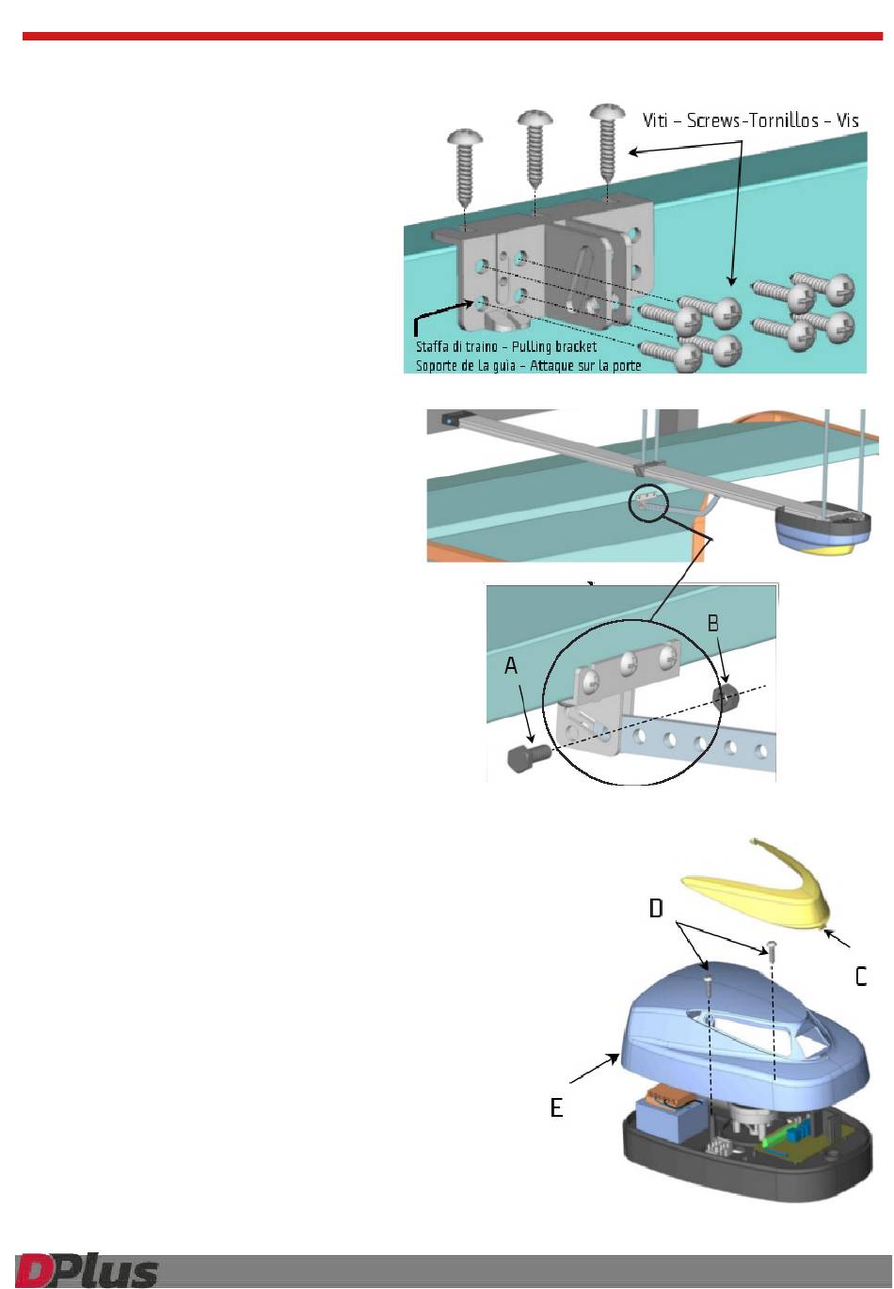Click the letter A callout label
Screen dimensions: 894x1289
pos(511,666)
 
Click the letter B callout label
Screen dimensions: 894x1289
pos(712,623)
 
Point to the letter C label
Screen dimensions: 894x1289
pos(861,977)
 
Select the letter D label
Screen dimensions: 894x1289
pos(656,908)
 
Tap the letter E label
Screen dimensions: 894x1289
pos(556,1107)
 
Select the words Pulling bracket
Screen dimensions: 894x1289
pos(553,346)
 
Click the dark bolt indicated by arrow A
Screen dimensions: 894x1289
pos(529,756)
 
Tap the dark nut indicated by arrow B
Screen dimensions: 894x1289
pos(726,697)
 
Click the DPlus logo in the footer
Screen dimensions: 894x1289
pos(87,1268)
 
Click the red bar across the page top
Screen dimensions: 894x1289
pos(453,37)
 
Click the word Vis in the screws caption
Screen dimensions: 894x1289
pos(847,120)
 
